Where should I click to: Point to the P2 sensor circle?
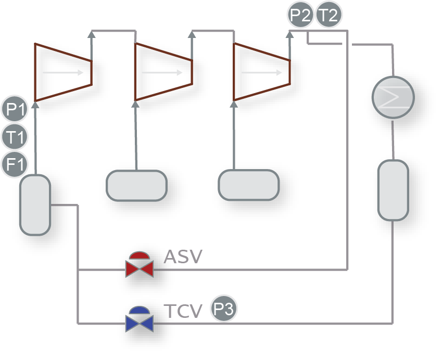tap(300, 15)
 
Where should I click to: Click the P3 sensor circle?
tap(224, 310)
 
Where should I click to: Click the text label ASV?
tap(183, 256)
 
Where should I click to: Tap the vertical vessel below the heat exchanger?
tap(393, 190)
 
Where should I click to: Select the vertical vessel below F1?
tap(35, 205)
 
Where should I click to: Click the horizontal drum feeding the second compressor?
tap(136, 185)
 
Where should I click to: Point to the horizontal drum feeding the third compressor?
tap(248, 185)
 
